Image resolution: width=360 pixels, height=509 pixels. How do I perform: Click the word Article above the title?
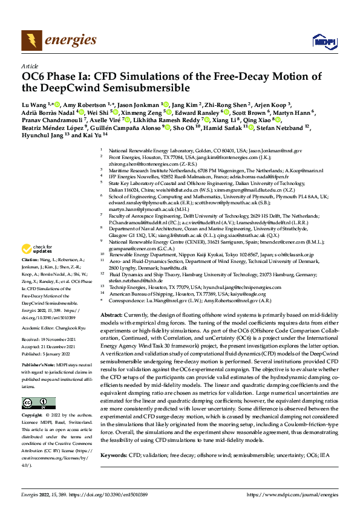[x=30, y=66]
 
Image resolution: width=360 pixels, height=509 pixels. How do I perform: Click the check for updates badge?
[x=38, y=249]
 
